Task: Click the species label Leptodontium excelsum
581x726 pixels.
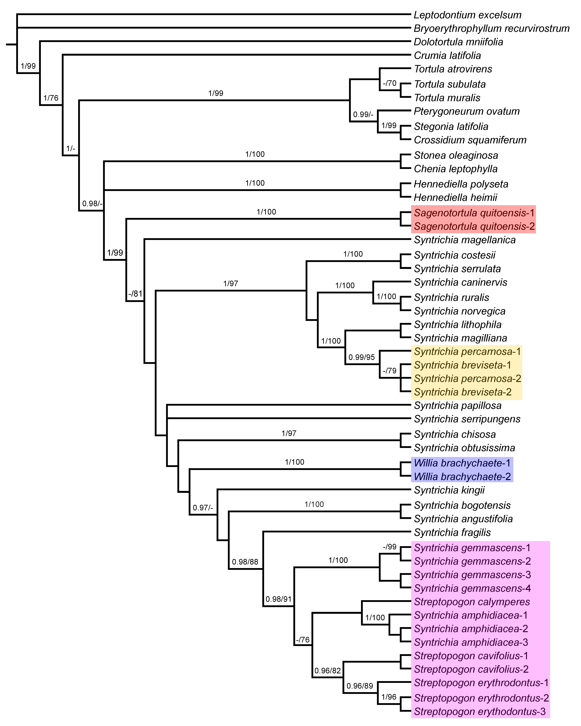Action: tap(467, 15)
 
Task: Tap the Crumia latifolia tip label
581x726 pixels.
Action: tap(447, 56)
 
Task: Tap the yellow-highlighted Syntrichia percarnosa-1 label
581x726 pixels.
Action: tap(467, 352)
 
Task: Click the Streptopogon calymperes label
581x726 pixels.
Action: tap(472, 602)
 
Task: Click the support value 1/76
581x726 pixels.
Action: tap(51, 98)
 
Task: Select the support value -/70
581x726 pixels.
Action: tap(390, 83)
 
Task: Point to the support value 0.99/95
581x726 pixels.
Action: tap(361, 357)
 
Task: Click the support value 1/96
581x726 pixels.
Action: tap(389, 697)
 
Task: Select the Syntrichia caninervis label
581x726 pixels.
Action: tap(460, 282)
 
